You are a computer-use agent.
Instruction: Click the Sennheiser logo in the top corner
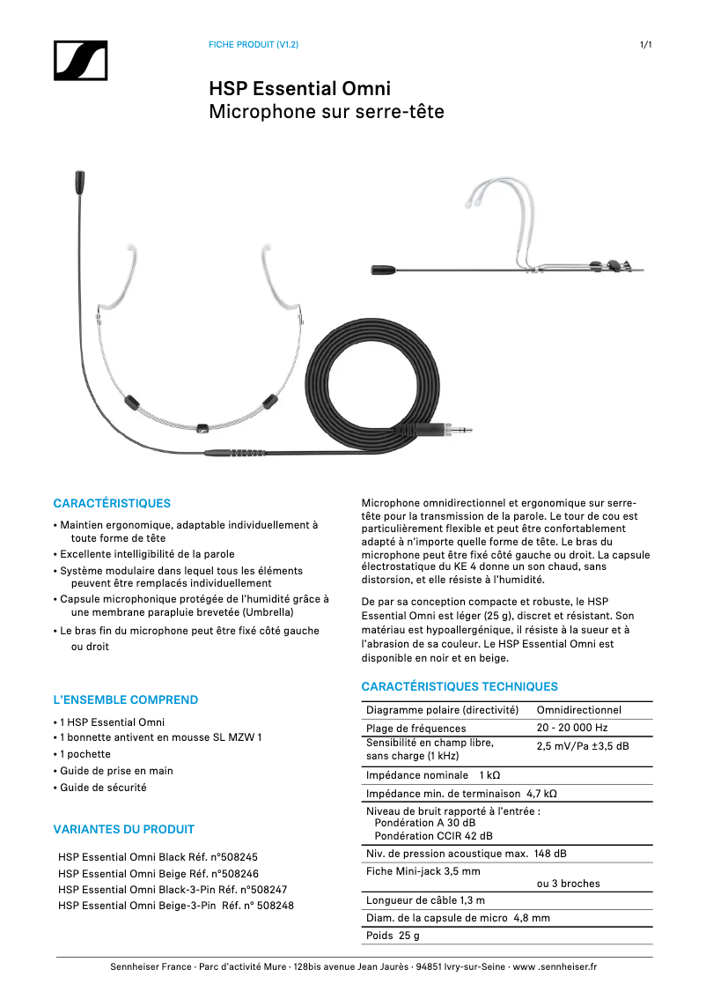pyautogui.click(x=80, y=61)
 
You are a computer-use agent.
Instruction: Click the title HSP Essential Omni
pyautogui.click(x=299, y=89)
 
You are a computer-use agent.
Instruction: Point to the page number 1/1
pyautogui.click(x=645, y=45)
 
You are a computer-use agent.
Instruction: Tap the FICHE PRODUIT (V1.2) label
pyautogui.click(x=253, y=45)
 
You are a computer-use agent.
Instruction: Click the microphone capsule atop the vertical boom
pyautogui.click(x=79, y=182)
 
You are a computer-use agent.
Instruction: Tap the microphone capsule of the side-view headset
pyautogui.click(x=384, y=270)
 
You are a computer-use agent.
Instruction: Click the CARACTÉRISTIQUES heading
pyautogui.click(x=112, y=503)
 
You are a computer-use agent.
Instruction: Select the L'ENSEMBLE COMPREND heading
pyautogui.click(x=126, y=699)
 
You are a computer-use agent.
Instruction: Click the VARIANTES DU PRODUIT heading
pyautogui.click(x=124, y=829)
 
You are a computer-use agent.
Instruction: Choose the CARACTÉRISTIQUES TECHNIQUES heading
pyautogui.click(x=460, y=686)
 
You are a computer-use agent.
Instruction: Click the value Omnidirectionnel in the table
pyautogui.click(x=578, y=710)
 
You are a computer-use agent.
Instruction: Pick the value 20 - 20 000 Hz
pyautogui.click(x=572, y=728)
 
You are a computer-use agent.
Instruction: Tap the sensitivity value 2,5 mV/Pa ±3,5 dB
pyautogui.click(x=583, y=746)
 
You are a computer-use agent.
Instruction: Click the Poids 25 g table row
pyautogui.click(x=393, y=936)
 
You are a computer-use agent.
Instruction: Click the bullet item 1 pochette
pyautogui.click(x=85, y=754)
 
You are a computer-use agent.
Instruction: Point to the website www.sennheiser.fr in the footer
pyautogui.click(x=555, y=966)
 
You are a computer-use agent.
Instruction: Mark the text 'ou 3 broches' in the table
pyautogui.click(x=568, y=884)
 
